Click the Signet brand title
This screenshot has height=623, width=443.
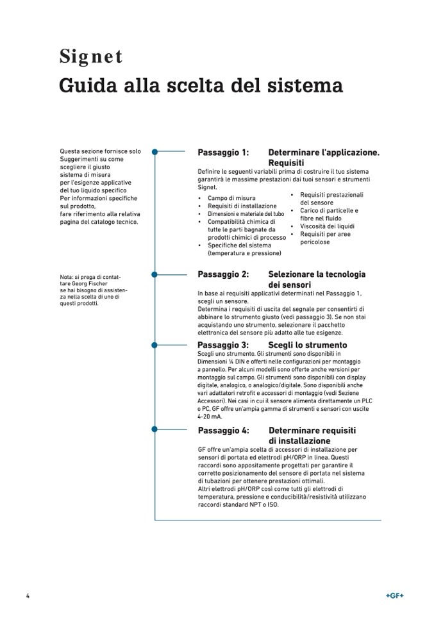[90, 57]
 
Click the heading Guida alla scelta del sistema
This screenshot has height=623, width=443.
[201, 85]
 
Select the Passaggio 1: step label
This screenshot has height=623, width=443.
[223, 153]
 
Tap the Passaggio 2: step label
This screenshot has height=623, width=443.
[223, 274]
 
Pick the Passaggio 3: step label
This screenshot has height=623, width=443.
[223, 345]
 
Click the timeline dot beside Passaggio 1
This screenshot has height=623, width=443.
[155, 152]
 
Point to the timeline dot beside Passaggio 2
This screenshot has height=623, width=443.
[155, 274]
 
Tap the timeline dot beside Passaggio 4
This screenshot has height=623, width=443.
[155, 428]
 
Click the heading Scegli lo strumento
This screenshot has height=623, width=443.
[307, 345]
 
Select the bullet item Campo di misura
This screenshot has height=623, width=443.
[231, 198]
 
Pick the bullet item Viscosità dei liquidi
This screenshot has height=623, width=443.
[328, 226]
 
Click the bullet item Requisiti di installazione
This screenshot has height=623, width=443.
[242, 206]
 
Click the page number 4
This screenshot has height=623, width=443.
[28, 595]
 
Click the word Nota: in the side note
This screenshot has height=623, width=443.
[67, 277]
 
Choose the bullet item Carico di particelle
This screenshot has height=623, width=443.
[329, 210]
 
